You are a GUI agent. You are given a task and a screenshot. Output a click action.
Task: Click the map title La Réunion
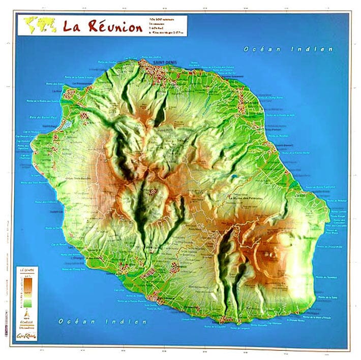103,26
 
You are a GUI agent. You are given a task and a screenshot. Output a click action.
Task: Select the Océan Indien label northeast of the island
288,49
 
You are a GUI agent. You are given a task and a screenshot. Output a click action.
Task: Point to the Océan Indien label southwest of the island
103,321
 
